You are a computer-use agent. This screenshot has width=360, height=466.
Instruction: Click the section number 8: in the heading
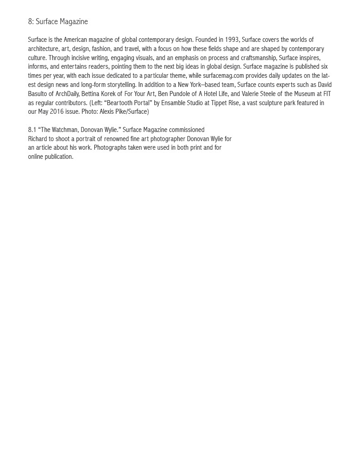pos(30,22)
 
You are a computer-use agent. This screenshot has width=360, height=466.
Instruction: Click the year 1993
pos(232,40)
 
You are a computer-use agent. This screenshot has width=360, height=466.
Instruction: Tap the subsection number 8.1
pos(32,130)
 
